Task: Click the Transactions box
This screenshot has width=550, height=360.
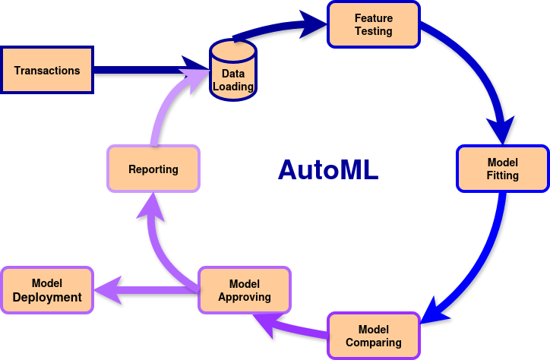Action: click(x=46, y=70)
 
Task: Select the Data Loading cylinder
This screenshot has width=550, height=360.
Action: click(x=233, y=70)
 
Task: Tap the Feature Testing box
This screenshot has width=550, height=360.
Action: click(x=374, y=24)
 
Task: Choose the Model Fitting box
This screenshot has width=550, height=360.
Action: click(x=503, y=169)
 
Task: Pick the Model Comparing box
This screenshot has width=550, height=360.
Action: click(x=374, y=336)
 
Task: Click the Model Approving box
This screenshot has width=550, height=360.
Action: click(x=245, y=290)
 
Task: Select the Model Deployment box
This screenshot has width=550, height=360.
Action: click(x=47, y=290)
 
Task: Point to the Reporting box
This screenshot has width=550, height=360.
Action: click(x=153, y=169)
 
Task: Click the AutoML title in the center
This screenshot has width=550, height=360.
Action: click(x=328, y=170)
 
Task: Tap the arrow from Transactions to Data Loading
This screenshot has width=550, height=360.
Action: click(x=151, y=69)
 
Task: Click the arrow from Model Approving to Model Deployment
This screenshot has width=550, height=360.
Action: click(x=147, y=290)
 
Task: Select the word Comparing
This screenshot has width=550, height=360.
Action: click(x=374, y=343)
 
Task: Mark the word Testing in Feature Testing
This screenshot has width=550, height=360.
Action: click(x=374, y=31)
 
